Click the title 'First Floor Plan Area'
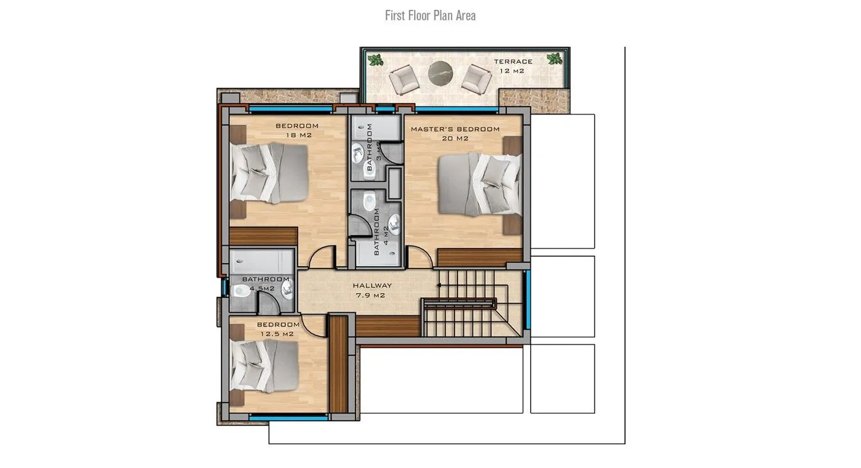click(430, 16)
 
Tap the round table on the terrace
click(440, 73)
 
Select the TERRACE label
click(513, 62)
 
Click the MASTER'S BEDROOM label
click(455, 129)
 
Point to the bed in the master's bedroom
click(480, 184)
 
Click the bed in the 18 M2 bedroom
click(269, 173)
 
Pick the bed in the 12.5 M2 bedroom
click(264, 366)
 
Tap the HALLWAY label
click(372, 286)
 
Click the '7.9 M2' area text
click(370, 296)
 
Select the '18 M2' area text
click(299, 135)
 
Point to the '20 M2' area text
click(455, 139)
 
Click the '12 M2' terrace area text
click(512, 71)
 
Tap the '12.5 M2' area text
click(277, 334)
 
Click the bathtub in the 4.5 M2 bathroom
click(261, 261)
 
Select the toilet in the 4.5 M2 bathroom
click(241, 291)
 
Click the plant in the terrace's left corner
click(375, 60)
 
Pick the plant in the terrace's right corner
click(554, 59)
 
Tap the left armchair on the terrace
click(403, 79)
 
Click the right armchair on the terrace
click(476, 79)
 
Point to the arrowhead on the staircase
click(438, 286)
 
